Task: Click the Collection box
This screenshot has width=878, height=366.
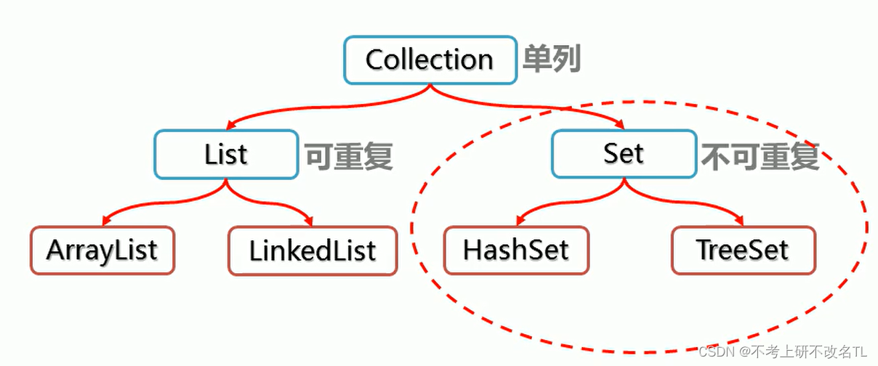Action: [x=430, y=60]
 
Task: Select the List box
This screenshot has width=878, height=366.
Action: [x=225, y=154]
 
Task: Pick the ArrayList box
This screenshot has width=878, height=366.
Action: [x=102, y=251]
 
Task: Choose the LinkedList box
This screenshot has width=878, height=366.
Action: [x=313, y=251]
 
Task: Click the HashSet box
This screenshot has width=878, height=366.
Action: [x=516, y=251]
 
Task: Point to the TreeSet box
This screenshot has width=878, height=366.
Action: [x=743, y=251]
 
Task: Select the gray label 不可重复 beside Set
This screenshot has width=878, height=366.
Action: [x=760, y=155]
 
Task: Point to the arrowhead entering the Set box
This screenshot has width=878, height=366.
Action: [x=620, y=125]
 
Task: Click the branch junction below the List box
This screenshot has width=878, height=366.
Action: [x=225, y=186]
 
